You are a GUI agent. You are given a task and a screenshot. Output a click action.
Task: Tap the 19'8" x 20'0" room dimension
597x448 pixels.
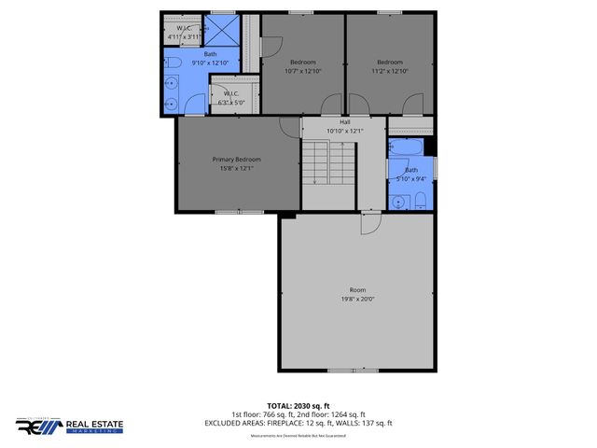[357, 299]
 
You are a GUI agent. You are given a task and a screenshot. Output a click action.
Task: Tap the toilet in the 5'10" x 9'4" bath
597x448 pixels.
[419, 198]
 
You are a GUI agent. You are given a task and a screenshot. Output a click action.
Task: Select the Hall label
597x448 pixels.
[344, 122]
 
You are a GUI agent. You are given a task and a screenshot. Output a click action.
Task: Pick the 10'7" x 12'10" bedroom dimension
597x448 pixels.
[302, 71]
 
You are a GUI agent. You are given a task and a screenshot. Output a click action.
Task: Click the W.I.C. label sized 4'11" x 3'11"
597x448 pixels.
[184, 33]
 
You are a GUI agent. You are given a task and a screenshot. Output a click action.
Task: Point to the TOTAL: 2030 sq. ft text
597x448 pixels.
[298, 406]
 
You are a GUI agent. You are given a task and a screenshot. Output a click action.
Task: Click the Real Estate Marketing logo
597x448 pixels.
[70, 427]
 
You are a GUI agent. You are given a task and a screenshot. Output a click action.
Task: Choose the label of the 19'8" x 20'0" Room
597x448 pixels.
[357, 289]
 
